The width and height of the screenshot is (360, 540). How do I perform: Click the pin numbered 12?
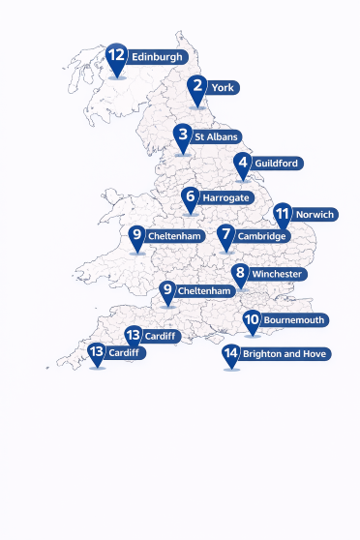[117, 56]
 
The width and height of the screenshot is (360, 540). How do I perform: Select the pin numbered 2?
[198, 86]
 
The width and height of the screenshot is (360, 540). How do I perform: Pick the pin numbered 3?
[182, 135]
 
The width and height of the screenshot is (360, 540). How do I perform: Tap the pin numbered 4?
[243, 163]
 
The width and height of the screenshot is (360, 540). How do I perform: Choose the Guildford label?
[277, 164]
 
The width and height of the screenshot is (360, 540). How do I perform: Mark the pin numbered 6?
[190, 197]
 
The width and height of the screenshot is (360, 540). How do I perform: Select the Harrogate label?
[225, 198]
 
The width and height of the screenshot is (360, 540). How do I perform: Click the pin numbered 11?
[283, 214]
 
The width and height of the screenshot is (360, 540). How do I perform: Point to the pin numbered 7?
[225, 234]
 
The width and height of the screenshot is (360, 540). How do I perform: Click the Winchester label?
[278, 275]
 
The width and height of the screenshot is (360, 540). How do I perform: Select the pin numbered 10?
[252, 318]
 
